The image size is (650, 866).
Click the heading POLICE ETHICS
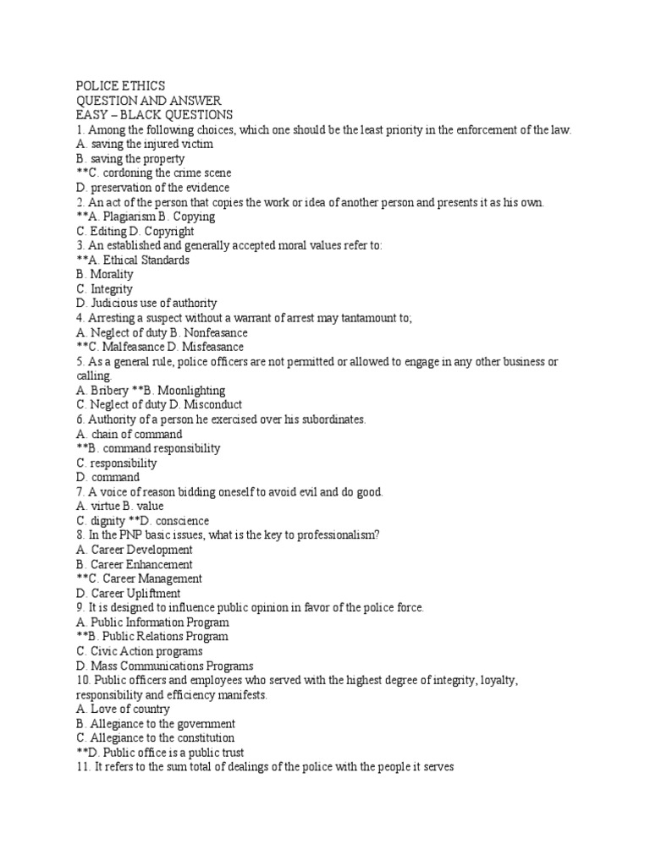120,86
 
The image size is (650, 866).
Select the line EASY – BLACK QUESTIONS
154,115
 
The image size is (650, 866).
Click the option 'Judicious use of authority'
152,303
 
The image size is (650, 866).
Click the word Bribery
110,391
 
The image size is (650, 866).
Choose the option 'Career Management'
151,579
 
